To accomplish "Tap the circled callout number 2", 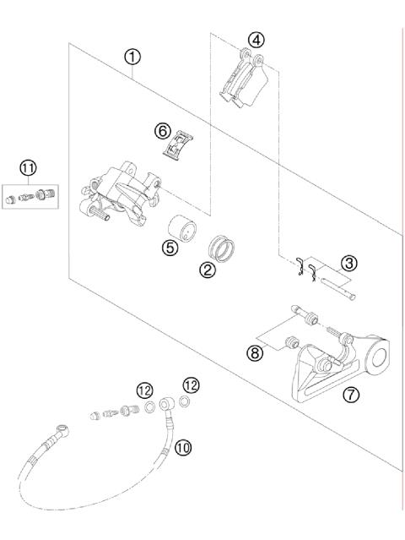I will click(x=205, y=271).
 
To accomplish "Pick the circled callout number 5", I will click(x=170, y=250).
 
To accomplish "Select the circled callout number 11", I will click(x=29, y=168).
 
